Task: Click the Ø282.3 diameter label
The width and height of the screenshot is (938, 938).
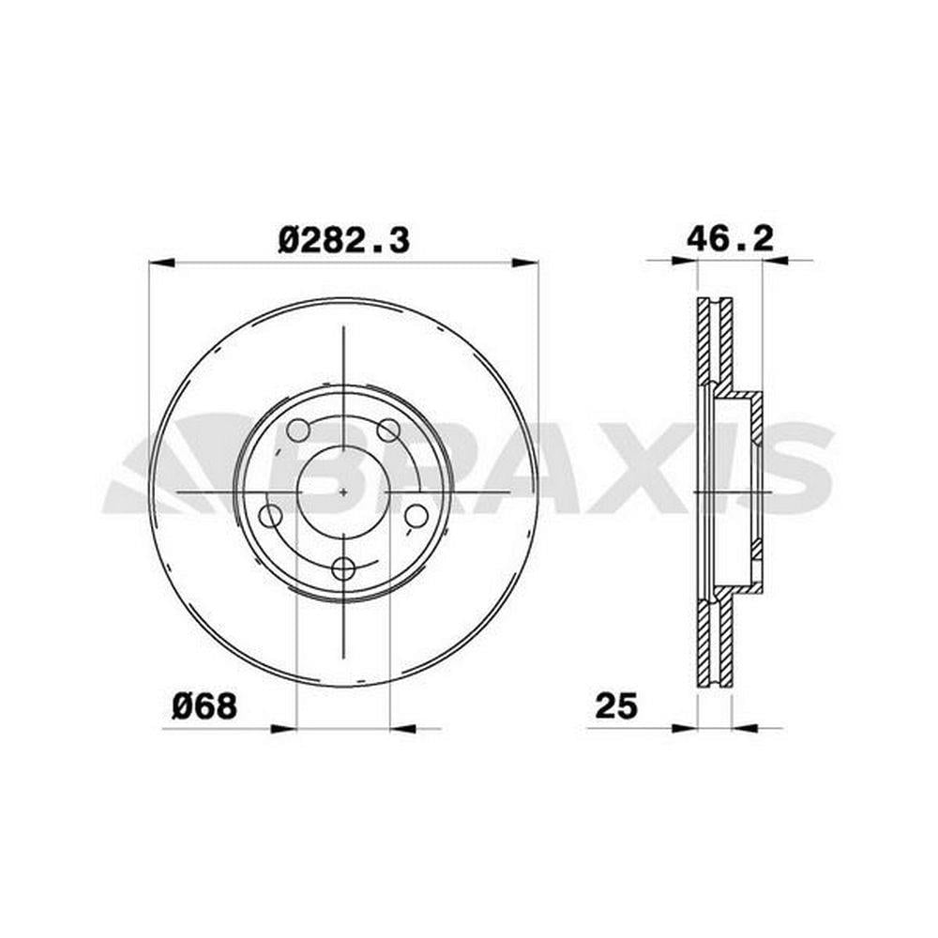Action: click(344, 241)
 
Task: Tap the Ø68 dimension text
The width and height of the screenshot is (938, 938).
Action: click(204, 706)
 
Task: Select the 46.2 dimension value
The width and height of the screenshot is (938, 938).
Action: click(730, 238)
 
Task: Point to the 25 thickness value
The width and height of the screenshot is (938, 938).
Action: click(617, 706)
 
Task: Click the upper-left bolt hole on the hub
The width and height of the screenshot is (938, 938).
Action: click(298, 430)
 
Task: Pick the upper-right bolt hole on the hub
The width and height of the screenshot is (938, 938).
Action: click(389, 430)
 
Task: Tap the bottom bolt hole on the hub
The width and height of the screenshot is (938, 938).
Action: click(343, 568)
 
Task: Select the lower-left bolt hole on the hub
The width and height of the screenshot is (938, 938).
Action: click(270, 516)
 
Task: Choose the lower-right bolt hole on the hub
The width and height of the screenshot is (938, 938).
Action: click(416, 516)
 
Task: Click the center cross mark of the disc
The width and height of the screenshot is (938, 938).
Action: click(343, 492)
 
